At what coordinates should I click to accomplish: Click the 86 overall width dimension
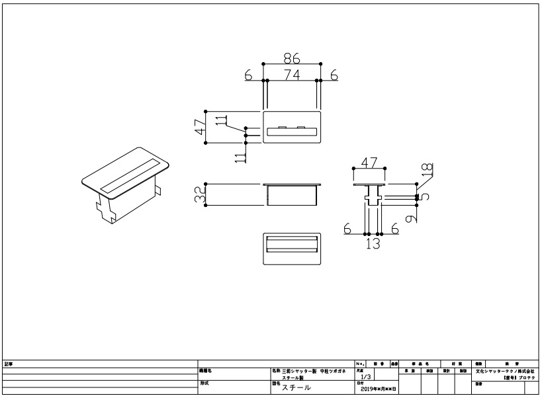[x=293, y=58]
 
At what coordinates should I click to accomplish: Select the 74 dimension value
[x=293, y=75]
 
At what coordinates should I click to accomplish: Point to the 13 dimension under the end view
[x=373, y=243]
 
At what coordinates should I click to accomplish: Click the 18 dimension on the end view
[x=427, y=169]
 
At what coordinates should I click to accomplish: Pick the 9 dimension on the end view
[x=412, y=217]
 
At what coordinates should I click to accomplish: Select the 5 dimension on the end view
[x=426, y=196]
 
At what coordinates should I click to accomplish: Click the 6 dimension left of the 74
[x=248, y=75]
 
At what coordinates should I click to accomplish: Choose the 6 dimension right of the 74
[x=334, y=75]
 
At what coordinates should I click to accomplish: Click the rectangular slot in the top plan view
[x=292, y=134]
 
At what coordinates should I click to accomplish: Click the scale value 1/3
[x=366, y=376]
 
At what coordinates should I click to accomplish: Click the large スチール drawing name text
[x=296, y=388]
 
